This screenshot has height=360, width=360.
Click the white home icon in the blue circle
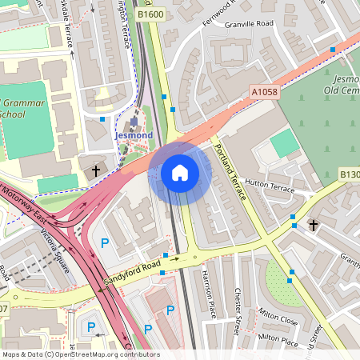pos(179,172)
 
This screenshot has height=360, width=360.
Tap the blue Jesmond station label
pos(133,136)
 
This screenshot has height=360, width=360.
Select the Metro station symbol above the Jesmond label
pos(133,122)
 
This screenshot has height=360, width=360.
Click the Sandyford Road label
pos(128,274)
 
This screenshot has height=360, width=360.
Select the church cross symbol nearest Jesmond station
pos(96,170)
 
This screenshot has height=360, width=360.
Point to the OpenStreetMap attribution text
pos(80,354)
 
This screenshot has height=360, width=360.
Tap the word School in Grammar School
pos(14,114)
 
